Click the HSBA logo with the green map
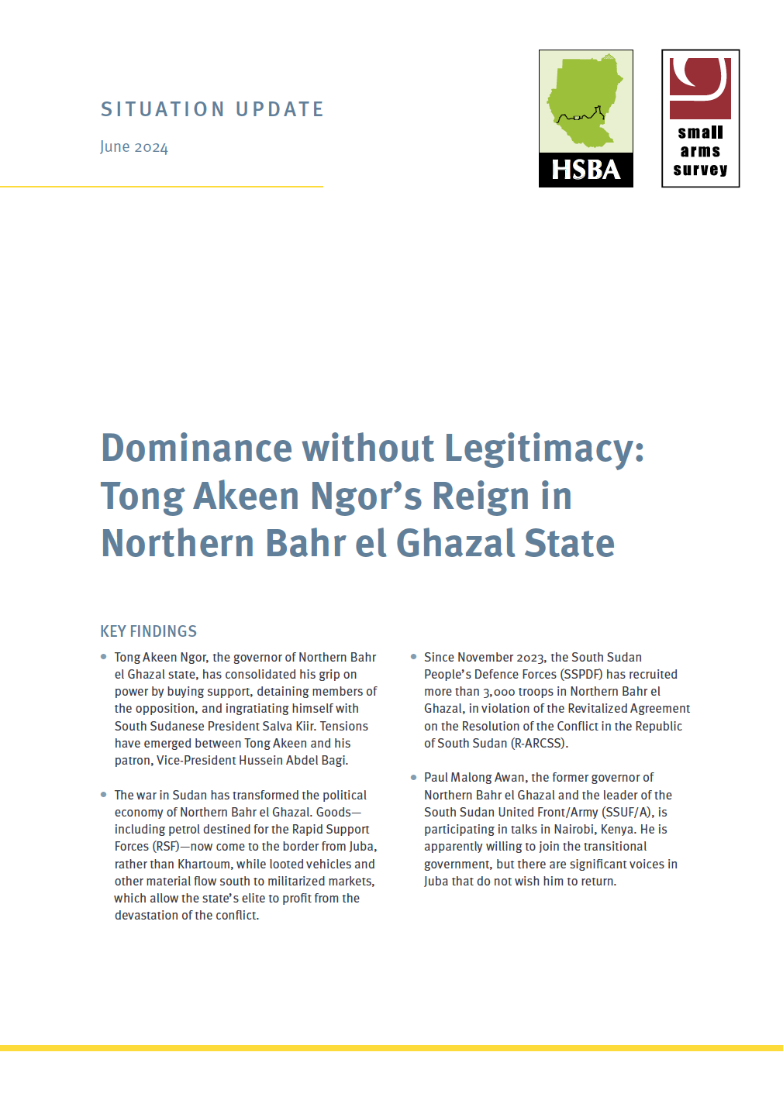tap(585, 119)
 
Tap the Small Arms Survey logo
tap(700, 119)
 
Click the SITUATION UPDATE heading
tap(212, 109)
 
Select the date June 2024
tap(134, 147)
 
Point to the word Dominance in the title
tap(196, 449)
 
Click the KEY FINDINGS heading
tap(149, 631)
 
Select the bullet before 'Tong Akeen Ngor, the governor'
tap(104, 657)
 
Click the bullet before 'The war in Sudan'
tap(104, 795)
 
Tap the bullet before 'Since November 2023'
tap(413, 657)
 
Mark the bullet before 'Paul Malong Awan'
tap(413, 777)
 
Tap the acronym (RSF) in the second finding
tap(166, 847)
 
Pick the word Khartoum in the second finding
tap(205, 864)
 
